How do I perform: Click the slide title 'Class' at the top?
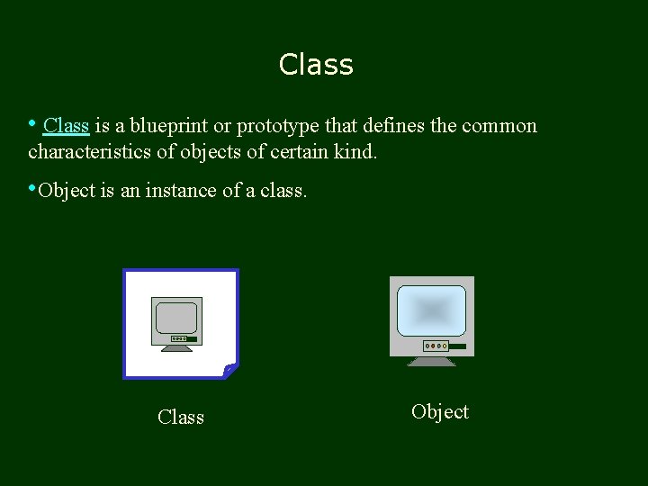coord(316,65)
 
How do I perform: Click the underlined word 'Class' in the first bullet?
coord(66,126)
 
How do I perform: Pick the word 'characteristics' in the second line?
coord(90,151)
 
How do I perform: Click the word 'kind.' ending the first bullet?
coord(355,151)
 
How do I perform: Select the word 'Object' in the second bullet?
coord(67,191)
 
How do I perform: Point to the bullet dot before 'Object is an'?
coord(32,189)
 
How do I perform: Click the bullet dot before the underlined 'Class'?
coord(32,124)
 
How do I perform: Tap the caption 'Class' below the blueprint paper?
coord(181,418)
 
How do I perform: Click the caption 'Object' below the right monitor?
coord(440,412)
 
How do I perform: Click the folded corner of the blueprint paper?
coord(230,370)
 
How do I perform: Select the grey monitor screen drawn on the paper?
coord(176,318)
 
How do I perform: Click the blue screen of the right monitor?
coord(432,310)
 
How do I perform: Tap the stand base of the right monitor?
coord(432,362)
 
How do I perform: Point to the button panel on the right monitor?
coord(436,346)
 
